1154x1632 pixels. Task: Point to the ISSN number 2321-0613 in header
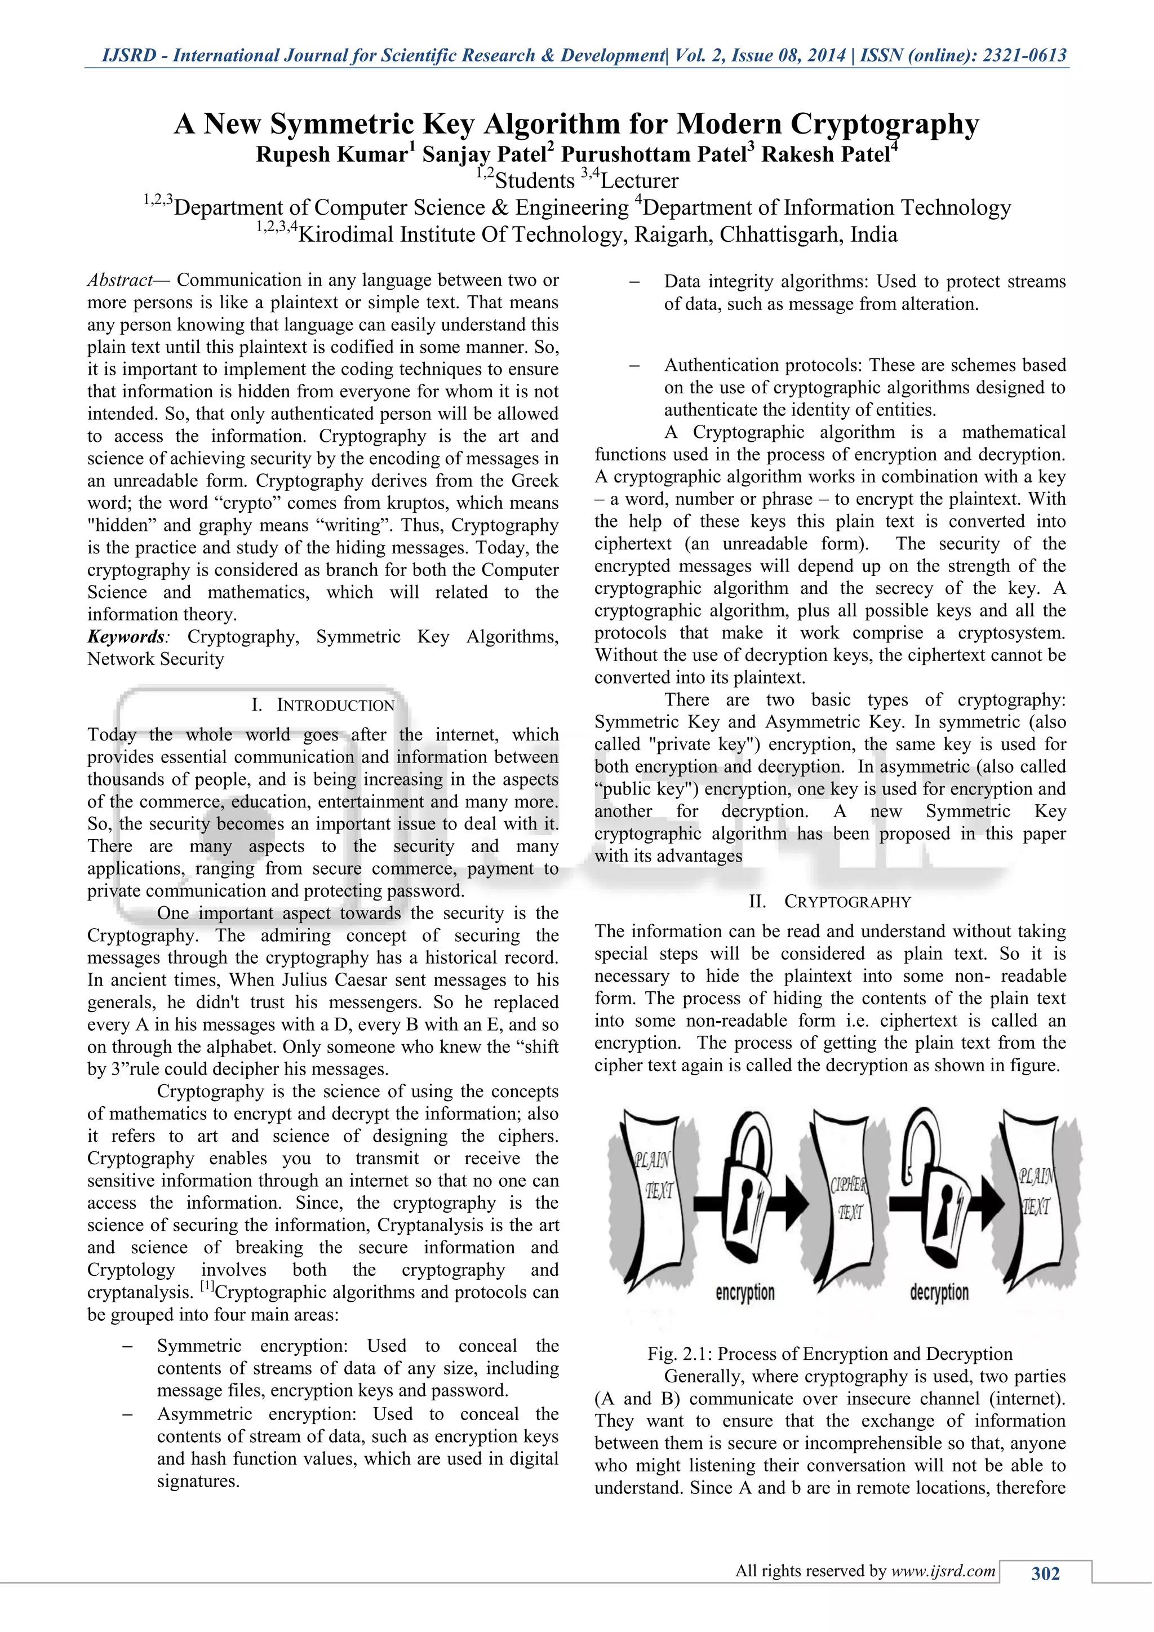click(1024, 55)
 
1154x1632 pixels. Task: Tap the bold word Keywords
click(125, 637)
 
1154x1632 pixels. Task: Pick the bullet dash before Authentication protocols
click(634, 365)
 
